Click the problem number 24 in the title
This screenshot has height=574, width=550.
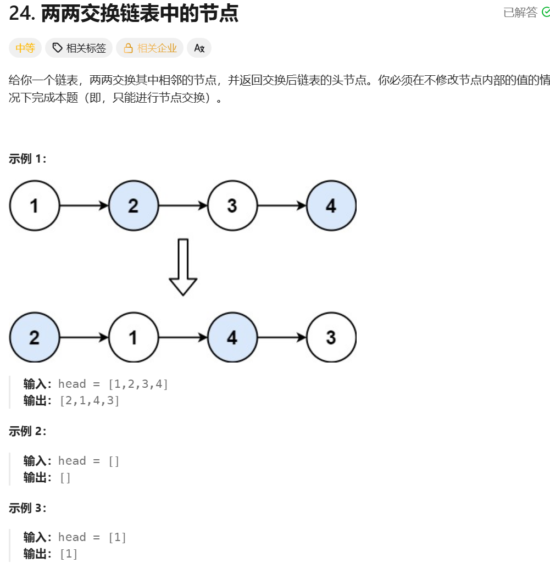pyautogui.click(x=22, y=14)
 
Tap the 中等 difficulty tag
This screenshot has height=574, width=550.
pyautogui.click(x=25, y=48)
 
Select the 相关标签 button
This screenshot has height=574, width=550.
pyautogui.click(x=79, y=48)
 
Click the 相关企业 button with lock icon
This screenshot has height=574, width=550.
pyautogui.click(x=149, y=48)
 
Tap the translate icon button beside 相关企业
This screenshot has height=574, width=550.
pyautogui.click(x=199, y=48)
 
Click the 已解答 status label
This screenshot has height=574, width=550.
pyautogui.click(x=520, y=13)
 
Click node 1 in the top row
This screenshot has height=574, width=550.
pyautogui.click(x=34, y=206)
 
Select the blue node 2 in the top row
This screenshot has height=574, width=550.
pyautogui.click(x=134, y=206)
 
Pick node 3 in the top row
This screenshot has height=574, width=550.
pyautogui.click(x=232, y=206)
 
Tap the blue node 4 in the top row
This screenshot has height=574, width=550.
pyautogui.click(x=331, y=206)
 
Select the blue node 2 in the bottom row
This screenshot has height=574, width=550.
pyautogui.click(x=34, y=337)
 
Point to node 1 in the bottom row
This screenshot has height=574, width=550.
pyautogui.click(x=134, y=337)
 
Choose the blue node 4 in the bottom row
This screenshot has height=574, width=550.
pyautogui.click(x=232, y=337)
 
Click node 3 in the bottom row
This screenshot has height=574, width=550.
pyautogui.click(x=331, y=337)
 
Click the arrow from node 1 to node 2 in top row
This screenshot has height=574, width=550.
pyautogui.click(x=84, y=206)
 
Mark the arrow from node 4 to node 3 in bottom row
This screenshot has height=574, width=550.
pyautogui.click(x=281, y=337)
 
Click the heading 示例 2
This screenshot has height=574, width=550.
pyautogui.click(x=27, y=431)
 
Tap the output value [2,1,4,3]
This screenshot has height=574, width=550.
pyautogui.click(x=89, y=400)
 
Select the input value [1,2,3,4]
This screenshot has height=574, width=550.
pyautogui.click(x=138, y=384)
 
